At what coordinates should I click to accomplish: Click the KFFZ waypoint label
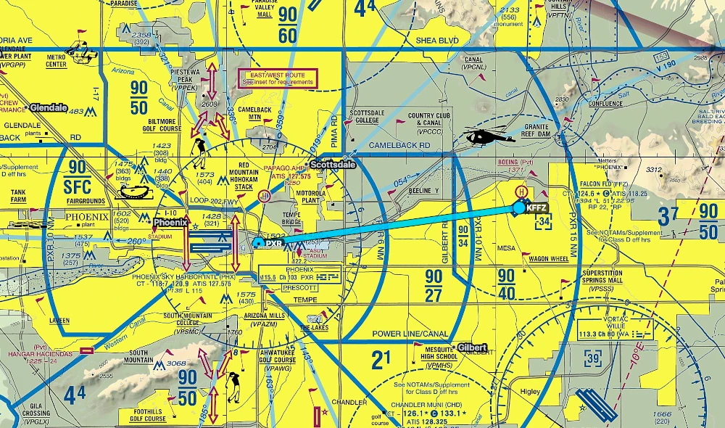(x=537, y=207)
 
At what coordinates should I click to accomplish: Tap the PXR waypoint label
(x=273, y=244)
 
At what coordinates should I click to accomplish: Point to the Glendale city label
(x=49, y=108)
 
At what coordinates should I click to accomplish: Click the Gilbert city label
(x=472, y=347)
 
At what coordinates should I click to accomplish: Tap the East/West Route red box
(x=278, y=78)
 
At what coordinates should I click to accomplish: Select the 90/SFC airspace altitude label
(x=75, y=173)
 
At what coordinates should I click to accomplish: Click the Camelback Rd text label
(x=399, y=145)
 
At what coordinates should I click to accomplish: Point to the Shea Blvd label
(x=437, y=41)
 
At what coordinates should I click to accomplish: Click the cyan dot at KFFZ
(x=519, y=207)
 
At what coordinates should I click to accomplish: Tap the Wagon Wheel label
(x=549, y=259)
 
